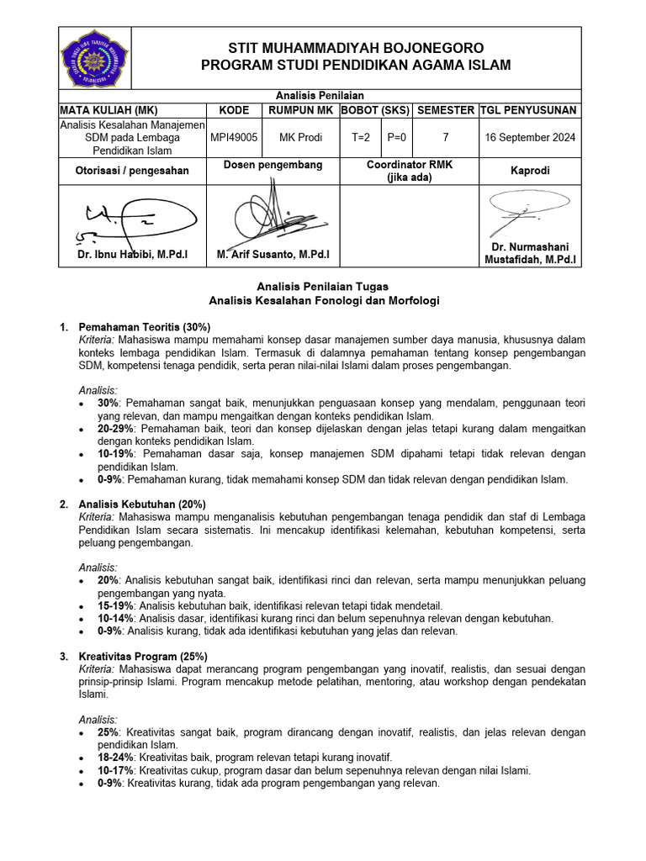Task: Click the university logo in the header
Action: (x=94, y=57)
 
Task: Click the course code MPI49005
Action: (x=235, y=138)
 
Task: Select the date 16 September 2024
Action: (x=530, y=138)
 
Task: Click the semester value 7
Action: (x=445, y=138)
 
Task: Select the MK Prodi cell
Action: (x=300, y=138)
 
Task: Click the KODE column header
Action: (x=235, y=110)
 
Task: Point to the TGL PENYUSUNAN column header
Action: (x=529, y=110)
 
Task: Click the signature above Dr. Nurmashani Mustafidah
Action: (x=527, y=210)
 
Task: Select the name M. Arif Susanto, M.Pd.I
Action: (x=273, y=254)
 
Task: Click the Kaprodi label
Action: (x=530, y=171)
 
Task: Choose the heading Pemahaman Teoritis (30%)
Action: (x=144, y=326)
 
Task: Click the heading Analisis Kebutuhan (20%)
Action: (x=142, y=504)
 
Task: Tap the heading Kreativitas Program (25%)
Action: (x=143, y=657)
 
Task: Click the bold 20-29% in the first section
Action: (x=115, y=428)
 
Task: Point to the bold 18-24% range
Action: (x=115, y=758)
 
